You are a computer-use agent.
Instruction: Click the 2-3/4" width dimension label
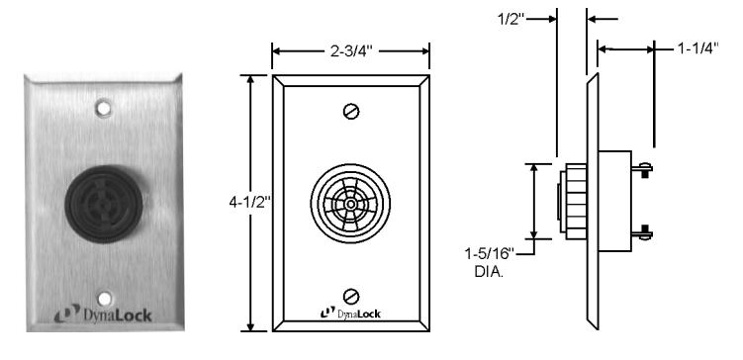click(x=351, y=50)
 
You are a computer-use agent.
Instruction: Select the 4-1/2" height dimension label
click(x=249, y=203)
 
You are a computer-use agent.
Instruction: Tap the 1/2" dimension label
click(x=511, y=19)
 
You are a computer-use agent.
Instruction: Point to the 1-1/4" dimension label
click(x=697, y=47)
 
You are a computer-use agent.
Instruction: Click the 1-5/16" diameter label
click(x=489, y=254)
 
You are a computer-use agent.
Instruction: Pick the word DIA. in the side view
click(x=489, y=272)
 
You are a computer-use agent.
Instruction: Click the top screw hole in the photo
click(x=103, y=108)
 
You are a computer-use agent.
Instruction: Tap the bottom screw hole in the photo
click(x=104, y=299)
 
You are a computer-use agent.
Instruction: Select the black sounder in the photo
click(x=104, y=204)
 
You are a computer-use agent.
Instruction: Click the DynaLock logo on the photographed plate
click(x=103, y=315)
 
